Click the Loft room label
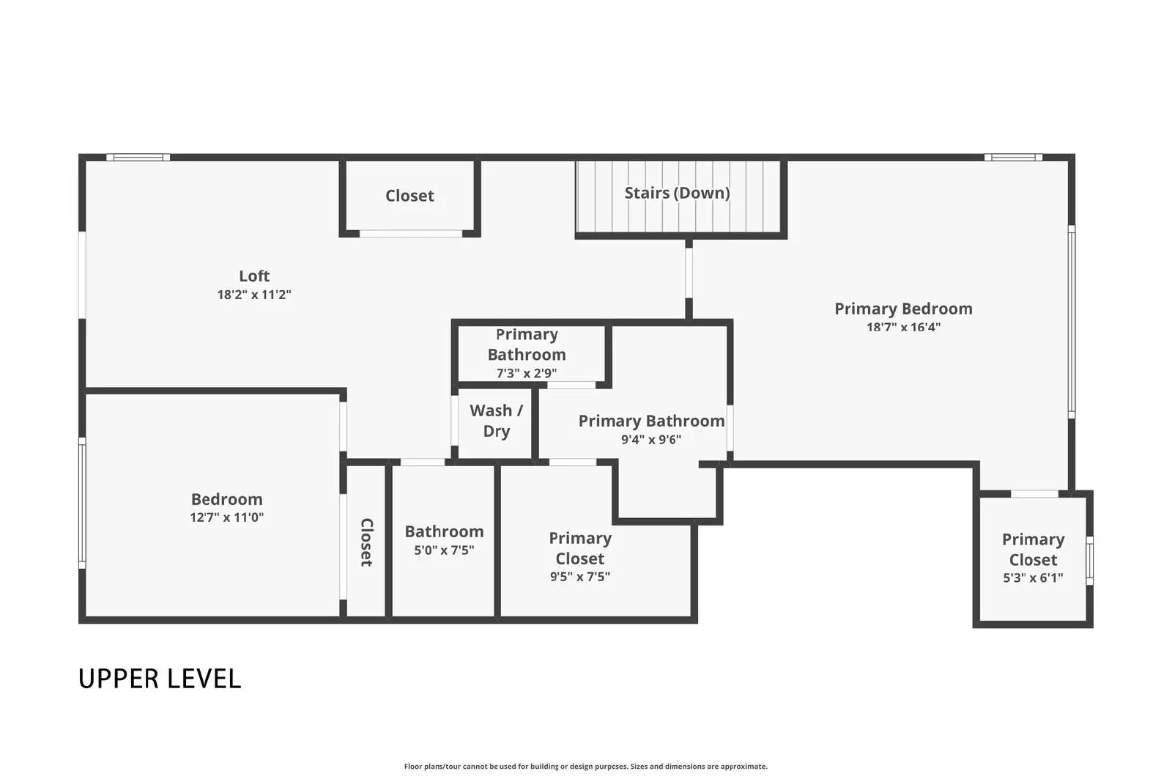tap(254, 276)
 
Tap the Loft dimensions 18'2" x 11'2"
tap(254, 295)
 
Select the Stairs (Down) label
tap(677, 193)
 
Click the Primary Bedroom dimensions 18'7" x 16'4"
tap(903, 327)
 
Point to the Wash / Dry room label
tap(496, 421)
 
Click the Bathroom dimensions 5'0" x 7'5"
tap(444, 550)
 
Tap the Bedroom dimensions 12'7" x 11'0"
tap(226, 517)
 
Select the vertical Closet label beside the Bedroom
tap(366, 542)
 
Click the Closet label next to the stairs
tap(409, 196)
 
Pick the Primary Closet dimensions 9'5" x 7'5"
tap(579, 577)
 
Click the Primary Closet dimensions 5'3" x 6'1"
tap(1033, 578)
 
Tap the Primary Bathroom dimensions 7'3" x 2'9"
tap(526, 373)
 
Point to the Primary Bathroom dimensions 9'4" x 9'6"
tap(651, 440)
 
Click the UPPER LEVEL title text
tap(160, 679)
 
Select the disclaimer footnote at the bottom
tap(585, 767)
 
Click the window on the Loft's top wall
tap(138, 157)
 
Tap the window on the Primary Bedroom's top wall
tap(1013, 157)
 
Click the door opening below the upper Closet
tap(411, 234)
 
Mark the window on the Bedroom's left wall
tap(82, 503)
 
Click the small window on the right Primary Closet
tap(1089, 561)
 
